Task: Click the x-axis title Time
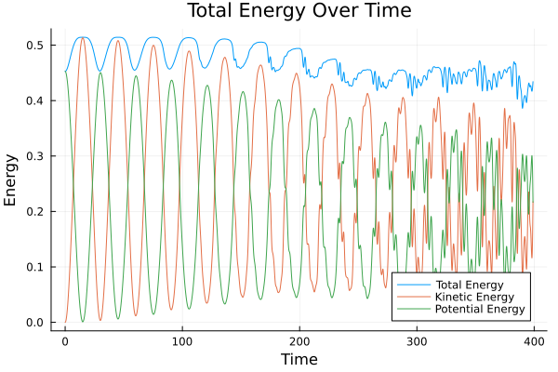(299, 359)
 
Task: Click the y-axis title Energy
(12, 180)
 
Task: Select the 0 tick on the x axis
(65, 340)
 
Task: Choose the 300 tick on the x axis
(416, 340)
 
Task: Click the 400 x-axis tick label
(533, 340)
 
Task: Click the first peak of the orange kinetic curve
(83, 38)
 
